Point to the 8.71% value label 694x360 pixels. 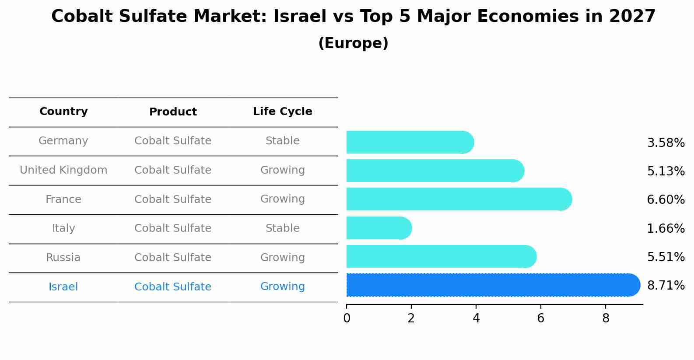(666, 286)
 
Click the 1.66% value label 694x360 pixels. (666, 228)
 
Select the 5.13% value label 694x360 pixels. (666, 171)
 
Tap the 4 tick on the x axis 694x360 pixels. (476, 318)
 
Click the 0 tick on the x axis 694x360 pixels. (347, 318)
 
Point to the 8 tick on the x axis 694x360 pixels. (606, 318)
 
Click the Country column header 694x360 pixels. (63, 112)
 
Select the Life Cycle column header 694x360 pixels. (282, 112)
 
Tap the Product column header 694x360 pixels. (173, 112)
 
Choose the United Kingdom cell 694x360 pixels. (63, 170)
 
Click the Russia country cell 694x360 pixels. (63, 258)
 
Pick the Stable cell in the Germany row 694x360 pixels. (282, 141)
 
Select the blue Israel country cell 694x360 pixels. (63, 287)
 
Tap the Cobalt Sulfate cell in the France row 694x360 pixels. (173, 199)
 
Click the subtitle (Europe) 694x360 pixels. (353, 43)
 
